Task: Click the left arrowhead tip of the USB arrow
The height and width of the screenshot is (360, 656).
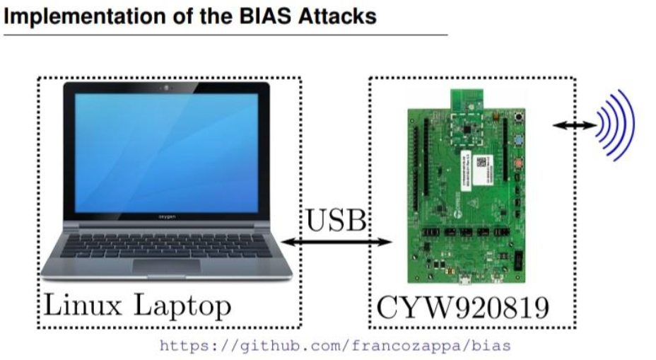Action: point(281,242)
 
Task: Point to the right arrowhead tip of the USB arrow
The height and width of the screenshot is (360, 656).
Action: point(392,242)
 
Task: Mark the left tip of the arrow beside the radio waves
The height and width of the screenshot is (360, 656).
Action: point(553,124)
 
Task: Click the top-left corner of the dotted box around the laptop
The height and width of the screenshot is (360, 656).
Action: point(38,78)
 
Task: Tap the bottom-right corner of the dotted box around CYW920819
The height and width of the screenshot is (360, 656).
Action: point(575,327)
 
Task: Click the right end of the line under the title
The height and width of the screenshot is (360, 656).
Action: point(447,35)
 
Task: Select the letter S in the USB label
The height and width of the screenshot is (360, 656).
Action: point(336,220)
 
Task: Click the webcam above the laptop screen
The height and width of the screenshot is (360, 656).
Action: point(166,88)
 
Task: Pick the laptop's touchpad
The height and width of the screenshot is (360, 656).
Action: point(167,266)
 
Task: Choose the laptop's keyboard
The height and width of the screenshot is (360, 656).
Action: point(166,245)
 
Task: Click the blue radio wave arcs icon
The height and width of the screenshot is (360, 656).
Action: point(616,125)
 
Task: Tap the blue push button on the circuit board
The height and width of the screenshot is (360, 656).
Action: point(519,140)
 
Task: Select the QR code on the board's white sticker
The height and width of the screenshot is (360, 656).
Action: point(481,162)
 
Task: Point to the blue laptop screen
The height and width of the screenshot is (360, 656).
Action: point(167,153)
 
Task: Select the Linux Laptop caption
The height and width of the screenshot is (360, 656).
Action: point(137,306)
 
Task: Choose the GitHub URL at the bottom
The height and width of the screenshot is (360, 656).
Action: point(335,346)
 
